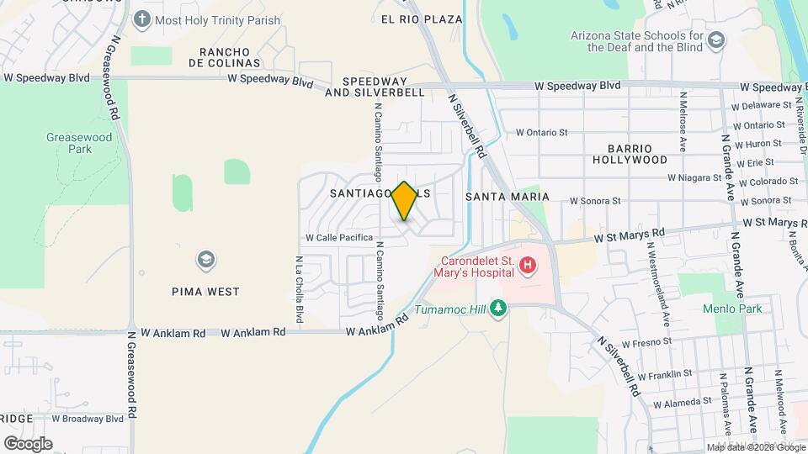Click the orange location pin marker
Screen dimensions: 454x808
click(x=405, y=201)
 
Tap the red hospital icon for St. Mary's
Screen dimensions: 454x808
click(x=528, y=267)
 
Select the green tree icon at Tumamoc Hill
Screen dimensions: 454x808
click(x=498, y=308)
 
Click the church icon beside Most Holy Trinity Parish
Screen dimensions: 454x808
click(x=142, y=18)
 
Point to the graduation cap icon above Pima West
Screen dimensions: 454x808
click(x=205, y=260)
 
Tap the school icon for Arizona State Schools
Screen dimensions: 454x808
click(x=715, y=40)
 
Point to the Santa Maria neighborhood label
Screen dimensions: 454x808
click(x=507, y=197)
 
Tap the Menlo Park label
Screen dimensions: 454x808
click(x=732, y=309)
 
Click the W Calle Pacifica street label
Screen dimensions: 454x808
click(x=339, y=238)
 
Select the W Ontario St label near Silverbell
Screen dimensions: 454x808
click(x=543, y=132)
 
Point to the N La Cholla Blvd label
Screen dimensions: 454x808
click(x=299, y=289)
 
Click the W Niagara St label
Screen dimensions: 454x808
click(x=694, y=178)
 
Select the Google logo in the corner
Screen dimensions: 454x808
click(x=28, y=443)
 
